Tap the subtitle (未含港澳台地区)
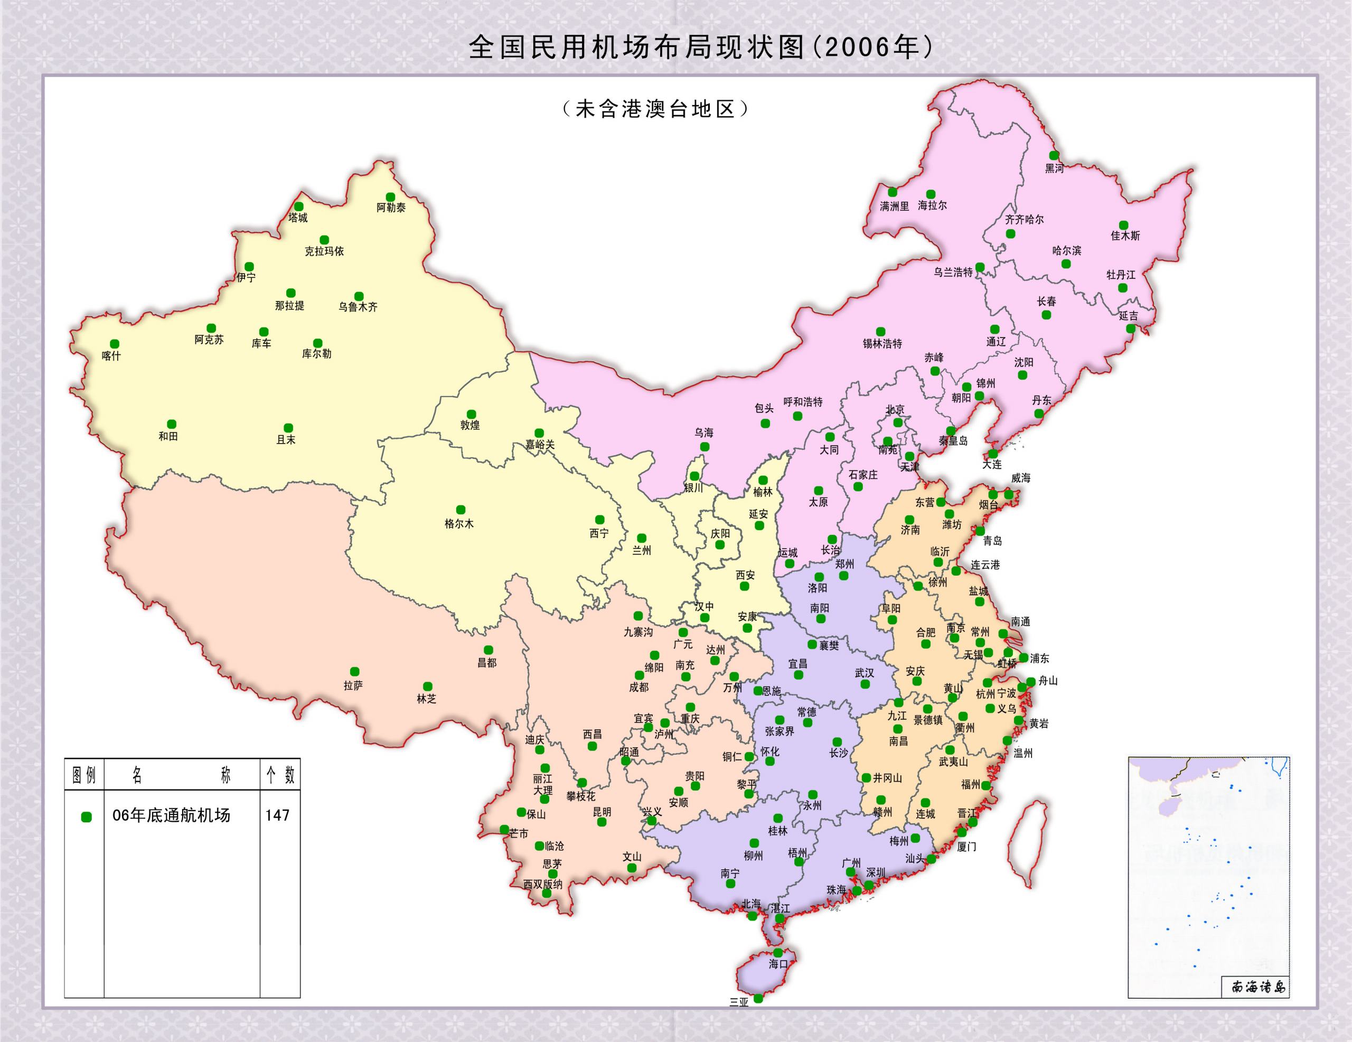(x=655, y=109)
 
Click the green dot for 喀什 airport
(x=115, y=344)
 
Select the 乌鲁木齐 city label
(x=358, y=306)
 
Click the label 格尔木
(x=459, y=524)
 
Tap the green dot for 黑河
(x=1054, y=155)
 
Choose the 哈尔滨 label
(x=1067, y=251)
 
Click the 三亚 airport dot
(x=758, y=998)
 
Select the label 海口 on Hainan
(x=778, y=964)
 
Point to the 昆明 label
(x=602, y=812)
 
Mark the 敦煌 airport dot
(x=471, y=414)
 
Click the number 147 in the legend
(x=277, y=815)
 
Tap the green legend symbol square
(x=86, y=816)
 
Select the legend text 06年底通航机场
(x=171, y=815)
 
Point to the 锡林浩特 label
(x=882, y=344)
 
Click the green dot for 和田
(x=172, y=424)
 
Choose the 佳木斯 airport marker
(x=1123, y=226)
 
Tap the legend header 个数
(x=280, y=775)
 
